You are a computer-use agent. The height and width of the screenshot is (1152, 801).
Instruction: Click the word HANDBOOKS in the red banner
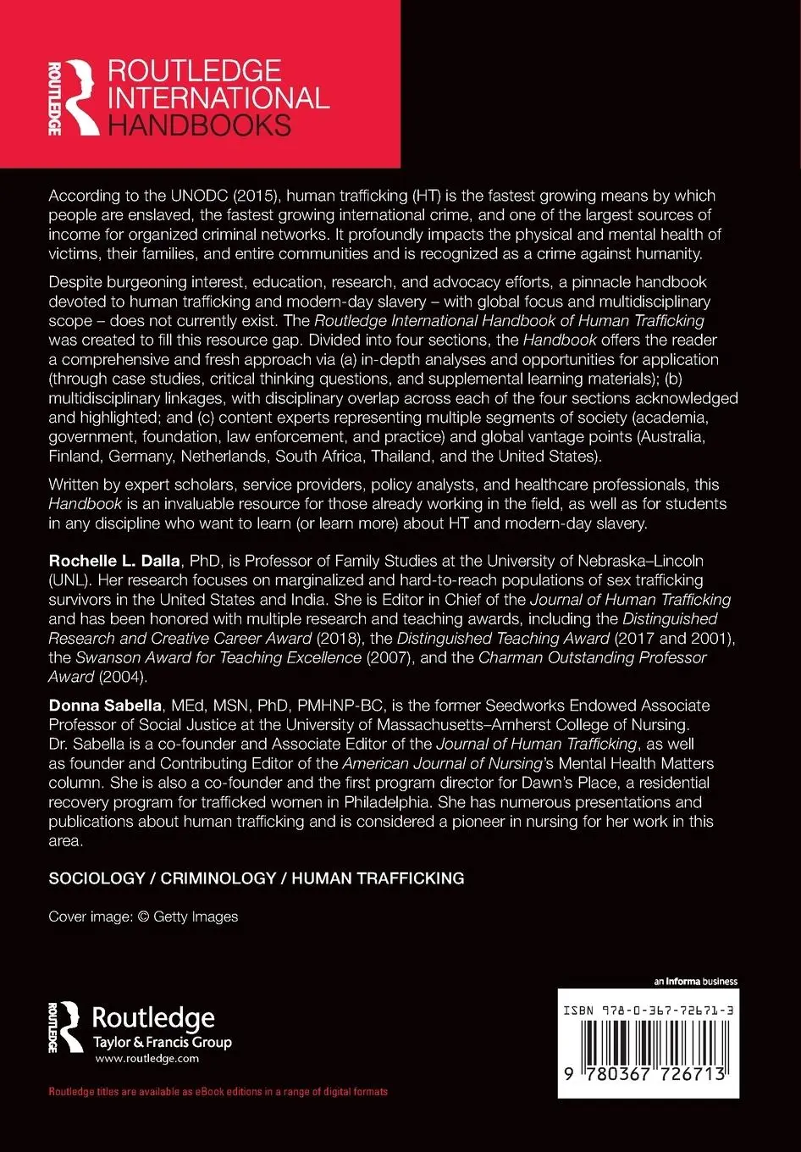199,125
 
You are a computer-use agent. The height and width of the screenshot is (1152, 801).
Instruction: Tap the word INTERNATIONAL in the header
218,97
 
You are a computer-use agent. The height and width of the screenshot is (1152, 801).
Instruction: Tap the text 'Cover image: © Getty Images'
143,917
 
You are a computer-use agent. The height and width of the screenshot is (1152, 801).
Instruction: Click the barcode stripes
648,1042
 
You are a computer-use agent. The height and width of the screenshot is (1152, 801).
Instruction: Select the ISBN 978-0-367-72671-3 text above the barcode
648,1011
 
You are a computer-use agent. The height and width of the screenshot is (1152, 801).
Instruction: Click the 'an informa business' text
695,982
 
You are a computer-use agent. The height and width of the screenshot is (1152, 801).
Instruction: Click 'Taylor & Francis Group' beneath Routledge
161,1043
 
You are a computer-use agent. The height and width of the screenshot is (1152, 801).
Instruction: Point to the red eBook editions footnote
218,1092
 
